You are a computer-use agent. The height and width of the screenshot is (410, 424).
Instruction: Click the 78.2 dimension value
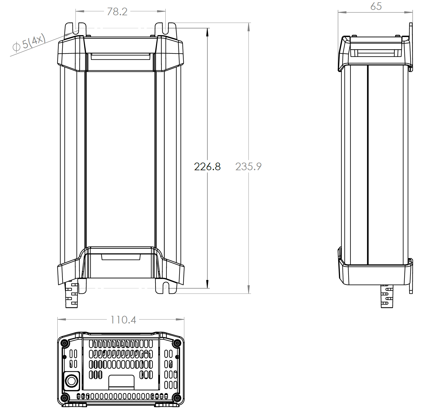click(117, 12)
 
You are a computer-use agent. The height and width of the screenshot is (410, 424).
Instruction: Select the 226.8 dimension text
click(207, 167)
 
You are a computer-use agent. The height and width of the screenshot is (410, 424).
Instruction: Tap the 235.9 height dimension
click(248, 167)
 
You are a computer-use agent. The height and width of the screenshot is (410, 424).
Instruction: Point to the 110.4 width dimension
click(123, 320)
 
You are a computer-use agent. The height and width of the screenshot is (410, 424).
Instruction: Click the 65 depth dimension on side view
click(376, 6)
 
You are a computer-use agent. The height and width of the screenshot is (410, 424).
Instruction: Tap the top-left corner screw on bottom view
click(64, 343)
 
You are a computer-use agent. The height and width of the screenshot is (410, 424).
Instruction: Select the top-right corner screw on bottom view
click(177, 343)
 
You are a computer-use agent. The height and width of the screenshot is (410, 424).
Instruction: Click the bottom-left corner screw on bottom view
click(64, 398)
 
